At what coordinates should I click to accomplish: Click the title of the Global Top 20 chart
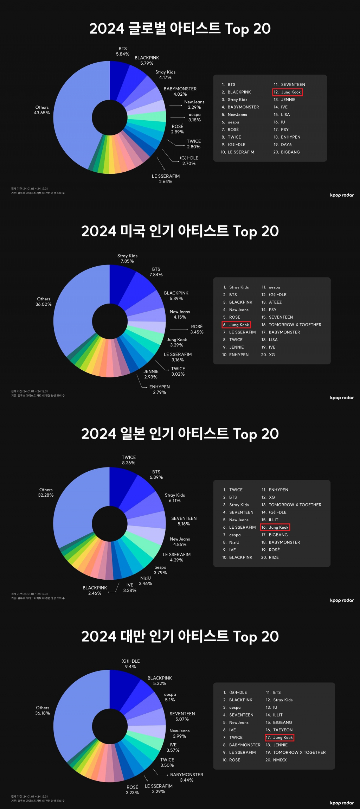[180, 28]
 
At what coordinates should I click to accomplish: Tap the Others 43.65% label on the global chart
[42, 110]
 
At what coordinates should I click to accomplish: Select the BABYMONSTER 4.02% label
[180, 91]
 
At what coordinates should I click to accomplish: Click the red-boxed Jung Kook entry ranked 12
[288, 92]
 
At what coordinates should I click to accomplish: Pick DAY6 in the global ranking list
[286, 145]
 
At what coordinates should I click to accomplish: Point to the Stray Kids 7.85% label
[127, 259]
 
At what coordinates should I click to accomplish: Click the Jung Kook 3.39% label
[176, 342]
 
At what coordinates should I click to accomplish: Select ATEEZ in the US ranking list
[275, 302]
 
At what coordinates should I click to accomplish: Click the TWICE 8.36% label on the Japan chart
[129, 460]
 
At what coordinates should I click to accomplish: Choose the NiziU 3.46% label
[146, 581]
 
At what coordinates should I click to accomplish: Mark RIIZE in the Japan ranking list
[274, 557]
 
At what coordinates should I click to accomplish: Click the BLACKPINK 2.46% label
[95, 590]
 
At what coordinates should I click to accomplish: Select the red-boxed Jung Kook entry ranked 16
[275, 527]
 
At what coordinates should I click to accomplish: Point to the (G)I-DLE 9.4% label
[130, 664]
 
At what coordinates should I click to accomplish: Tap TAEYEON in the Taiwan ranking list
[283, 730]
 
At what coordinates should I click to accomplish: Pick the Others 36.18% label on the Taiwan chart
[43, 710]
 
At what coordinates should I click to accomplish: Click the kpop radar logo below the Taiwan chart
[342, 803]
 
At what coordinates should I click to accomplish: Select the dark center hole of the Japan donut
[110, 524]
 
